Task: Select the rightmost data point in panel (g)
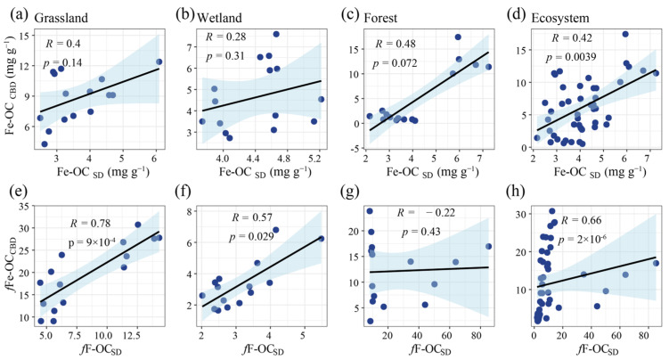pyautogui.click(x=488, y=247)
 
